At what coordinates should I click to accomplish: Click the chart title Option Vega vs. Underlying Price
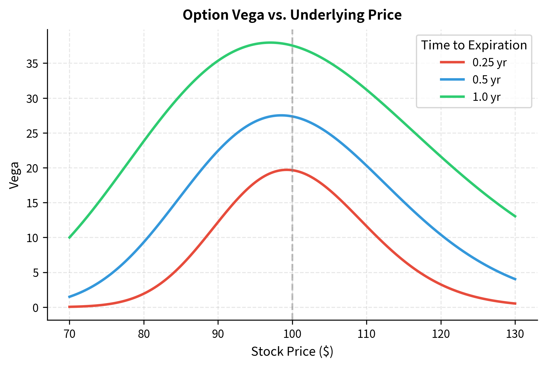click(292, 15)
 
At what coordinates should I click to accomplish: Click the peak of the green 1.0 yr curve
click(270, 43)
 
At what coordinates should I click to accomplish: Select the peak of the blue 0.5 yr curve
click(281, 115)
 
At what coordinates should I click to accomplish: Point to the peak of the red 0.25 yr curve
click(286, 170)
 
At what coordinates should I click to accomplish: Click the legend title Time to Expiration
click(474, 45)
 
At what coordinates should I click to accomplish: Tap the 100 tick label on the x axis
click(292, 334)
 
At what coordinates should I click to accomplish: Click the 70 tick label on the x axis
click(69, 334)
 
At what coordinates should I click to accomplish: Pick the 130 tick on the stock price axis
click(515, 334)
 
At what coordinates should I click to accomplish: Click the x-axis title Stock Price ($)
click(292, 352)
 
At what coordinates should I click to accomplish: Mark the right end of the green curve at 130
click(515, 216)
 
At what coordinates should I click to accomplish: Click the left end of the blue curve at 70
click(69, 297)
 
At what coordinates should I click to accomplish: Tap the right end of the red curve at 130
click(515, 303)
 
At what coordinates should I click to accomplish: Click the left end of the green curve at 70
click(69, 238)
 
